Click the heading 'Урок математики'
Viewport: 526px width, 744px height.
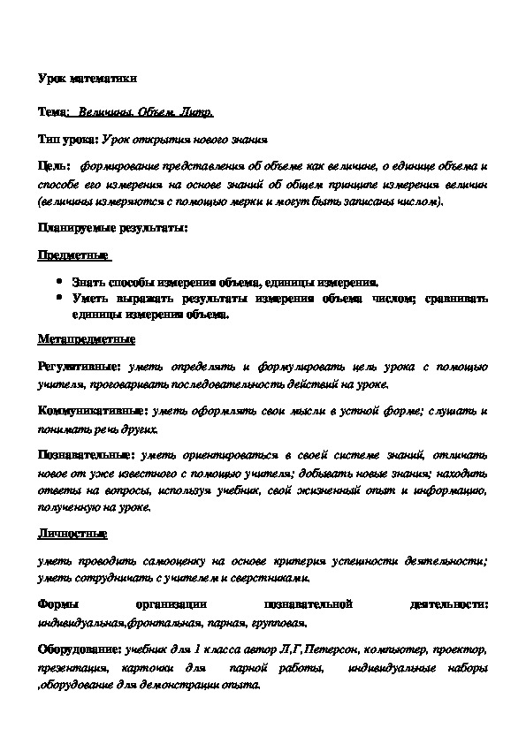click(88, 79)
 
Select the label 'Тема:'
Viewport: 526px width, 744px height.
click(54, 114)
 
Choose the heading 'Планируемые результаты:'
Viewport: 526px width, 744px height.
click(112, 227)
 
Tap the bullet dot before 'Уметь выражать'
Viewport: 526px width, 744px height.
click(58, 299)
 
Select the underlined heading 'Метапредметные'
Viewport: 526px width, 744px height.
click(86, 339)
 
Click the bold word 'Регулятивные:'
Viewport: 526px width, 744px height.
click(80, 366)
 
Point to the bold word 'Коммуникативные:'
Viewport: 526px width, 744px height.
click(93, 412)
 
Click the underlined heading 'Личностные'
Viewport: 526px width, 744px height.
click(72, 534)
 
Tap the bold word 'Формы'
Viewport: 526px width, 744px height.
click(57, 604)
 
